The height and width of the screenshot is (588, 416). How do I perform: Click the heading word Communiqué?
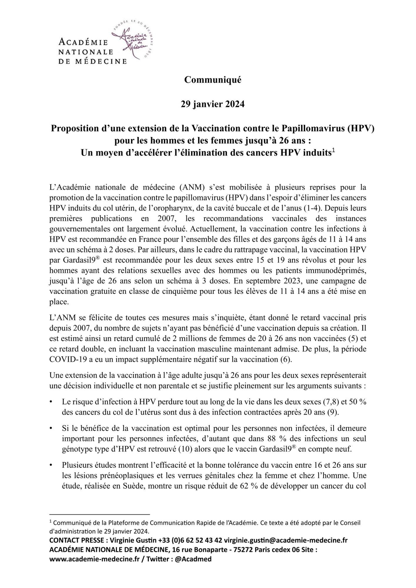point(213,80)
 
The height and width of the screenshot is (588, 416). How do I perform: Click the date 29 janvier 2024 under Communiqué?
point(213,104)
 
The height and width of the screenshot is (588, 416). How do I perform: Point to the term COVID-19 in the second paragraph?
point(64,359)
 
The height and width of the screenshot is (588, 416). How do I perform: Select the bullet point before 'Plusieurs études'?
point(51,466)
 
